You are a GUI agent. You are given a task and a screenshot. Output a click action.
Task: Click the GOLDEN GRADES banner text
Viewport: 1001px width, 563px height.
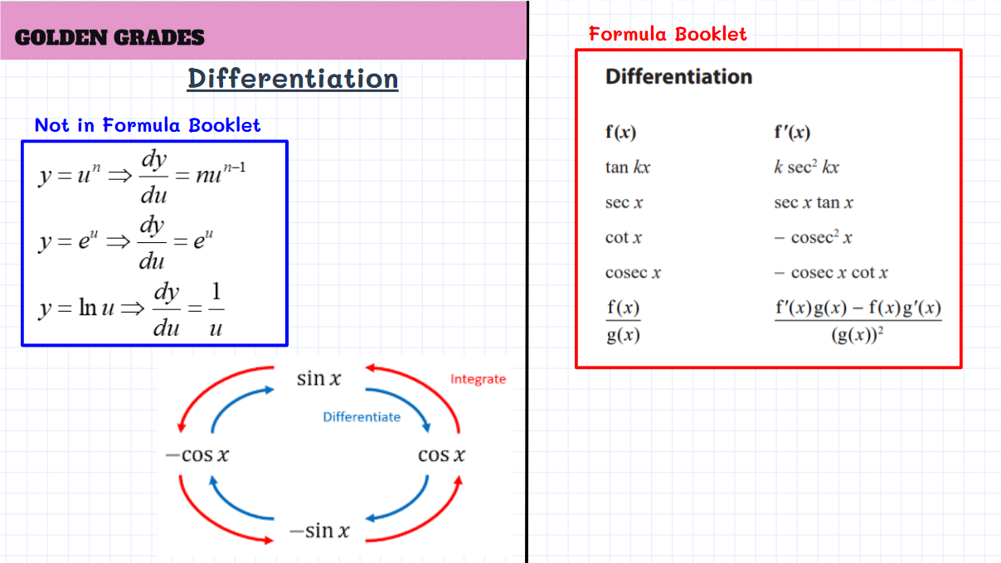pyautogui.click(x=109, y=37)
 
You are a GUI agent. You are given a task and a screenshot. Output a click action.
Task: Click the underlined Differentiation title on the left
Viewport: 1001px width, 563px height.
pyautogui.click(x=293, y=79)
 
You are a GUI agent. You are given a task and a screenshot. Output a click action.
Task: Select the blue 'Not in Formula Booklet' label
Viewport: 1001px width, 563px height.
pyautogui.click(x=148, y=125)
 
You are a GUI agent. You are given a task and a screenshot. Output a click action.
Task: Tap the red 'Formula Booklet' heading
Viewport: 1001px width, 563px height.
pyautogui.click(x=668, y=34)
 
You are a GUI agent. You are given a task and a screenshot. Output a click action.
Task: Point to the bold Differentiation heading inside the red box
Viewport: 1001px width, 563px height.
pyautogui.click(x=678, y=76)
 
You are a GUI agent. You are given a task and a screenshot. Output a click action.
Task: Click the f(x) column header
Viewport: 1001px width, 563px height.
pyautogui.click(x=620, y=133)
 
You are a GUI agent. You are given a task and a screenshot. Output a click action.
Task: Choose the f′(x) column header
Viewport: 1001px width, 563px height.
pyautogui.click(x=792, y=133)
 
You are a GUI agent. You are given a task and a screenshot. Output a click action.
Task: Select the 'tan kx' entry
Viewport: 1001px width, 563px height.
pyautogui.click(x=628, y=167)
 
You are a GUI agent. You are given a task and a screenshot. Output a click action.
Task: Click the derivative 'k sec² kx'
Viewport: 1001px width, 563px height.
pyautogui.click(x=807, y=167)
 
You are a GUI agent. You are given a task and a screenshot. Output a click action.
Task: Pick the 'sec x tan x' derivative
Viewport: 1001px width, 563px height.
pyautogui.click(x=814, y=202)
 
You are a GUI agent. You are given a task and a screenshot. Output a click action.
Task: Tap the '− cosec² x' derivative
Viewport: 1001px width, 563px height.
pyautogui.click(x=814, y=237)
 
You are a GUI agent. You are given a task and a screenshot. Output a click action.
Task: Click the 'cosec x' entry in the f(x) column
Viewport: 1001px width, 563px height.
pyautogui.click(x=633, y=273)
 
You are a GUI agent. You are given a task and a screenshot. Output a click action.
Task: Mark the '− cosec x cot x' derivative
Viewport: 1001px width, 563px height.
pyautogui.click(x=831, y=273)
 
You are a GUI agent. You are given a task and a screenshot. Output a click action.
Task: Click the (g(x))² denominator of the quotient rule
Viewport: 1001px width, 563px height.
pyautogui.click(x=857, y=335)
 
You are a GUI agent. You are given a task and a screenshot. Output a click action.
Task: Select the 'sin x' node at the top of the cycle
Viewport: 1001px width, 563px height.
pyautogui.click(x=318, y=378)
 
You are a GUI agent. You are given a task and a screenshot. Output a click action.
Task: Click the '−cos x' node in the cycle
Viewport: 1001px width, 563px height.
pyautogui.click(x=197, y=455)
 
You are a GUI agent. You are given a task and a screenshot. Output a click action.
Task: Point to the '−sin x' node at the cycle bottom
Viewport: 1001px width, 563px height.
pyautogui.click(x=319, y=531)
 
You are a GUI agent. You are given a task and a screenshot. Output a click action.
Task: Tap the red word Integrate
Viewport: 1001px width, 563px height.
pyautogui.click(x=479, y=380)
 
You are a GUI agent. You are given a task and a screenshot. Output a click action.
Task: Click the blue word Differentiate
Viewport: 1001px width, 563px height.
pyautogui.click(x=362, y=417)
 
